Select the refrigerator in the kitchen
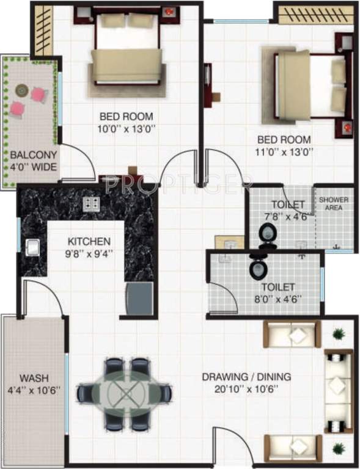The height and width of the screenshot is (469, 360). click(x=139, y=299)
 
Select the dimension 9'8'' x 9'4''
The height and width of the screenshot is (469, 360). click(x=89, y=252)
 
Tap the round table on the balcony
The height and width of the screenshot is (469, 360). click(x=23, y=90)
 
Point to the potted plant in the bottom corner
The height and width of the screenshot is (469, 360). click(x=338, y=449)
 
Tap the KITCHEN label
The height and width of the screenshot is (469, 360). click(x=89, y=241)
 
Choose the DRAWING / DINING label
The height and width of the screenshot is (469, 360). click(x=246, y=377)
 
